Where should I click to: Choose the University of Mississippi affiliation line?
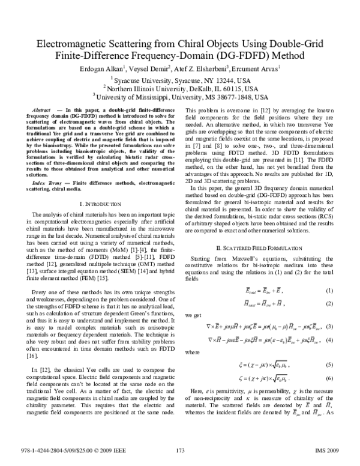[x=180, y=97]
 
